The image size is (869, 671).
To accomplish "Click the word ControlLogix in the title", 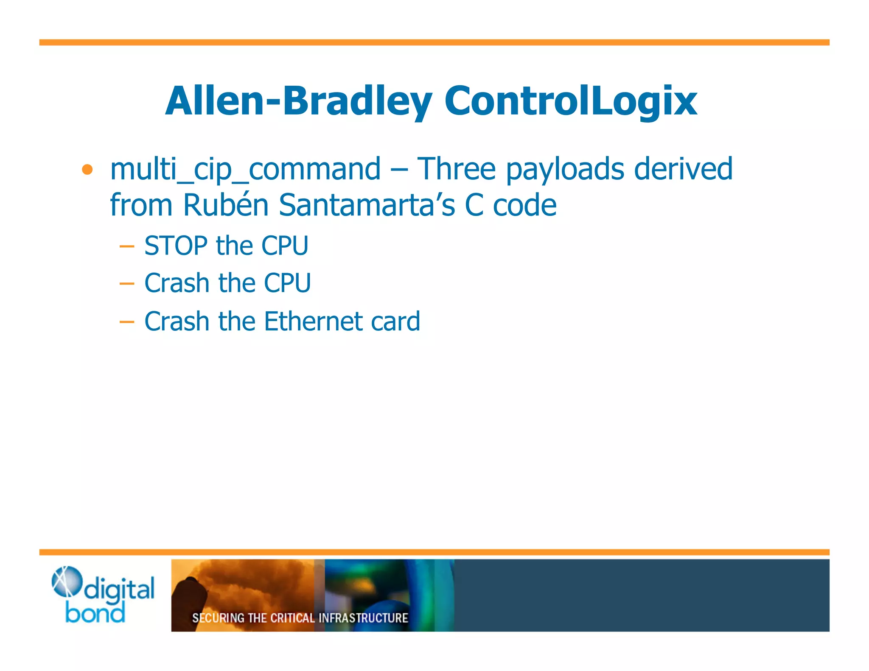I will (x=570, y=101).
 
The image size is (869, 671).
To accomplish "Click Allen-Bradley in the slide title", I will (x=298, y=101).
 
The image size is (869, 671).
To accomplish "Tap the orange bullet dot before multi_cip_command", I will (x=87, y=170).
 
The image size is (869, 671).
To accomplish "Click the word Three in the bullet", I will (x=456, y=169).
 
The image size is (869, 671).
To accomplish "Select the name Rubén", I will (x=226, y=205).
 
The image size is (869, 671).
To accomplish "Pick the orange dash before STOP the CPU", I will (x=127, y=246).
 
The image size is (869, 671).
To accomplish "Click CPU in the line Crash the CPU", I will (x=287, y=283).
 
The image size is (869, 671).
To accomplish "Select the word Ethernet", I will (x=312, y=321).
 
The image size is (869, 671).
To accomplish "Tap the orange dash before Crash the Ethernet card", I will (x=127, y=322).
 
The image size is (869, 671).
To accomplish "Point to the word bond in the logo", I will (x=95, y=614).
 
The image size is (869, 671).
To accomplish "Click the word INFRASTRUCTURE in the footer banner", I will (x=363, y=618).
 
